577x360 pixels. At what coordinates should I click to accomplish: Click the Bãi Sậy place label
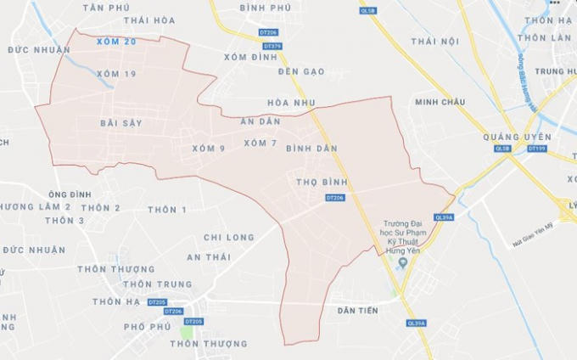click(x=120, y=123)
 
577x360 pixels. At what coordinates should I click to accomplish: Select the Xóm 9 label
click(x=208, y=149)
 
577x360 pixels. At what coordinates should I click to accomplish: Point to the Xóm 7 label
click(x=260, y=143)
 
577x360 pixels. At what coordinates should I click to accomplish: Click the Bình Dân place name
click(x=311, y=148)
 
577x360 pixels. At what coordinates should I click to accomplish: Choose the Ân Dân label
click(x=260, y=122)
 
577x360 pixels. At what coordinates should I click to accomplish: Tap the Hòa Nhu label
click(x=290, y=103)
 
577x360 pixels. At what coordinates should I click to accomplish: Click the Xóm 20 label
click(x=116, y=42)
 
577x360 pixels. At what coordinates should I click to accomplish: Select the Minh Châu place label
click(x=440, y=103)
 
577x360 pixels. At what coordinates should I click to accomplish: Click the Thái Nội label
click(x=434, y=41)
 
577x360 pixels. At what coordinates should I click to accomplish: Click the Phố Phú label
click(x=147, y=326)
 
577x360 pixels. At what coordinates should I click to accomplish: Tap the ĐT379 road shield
click(x=272, y=46)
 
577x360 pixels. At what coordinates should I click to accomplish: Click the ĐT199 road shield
click(x=536, y=149)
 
